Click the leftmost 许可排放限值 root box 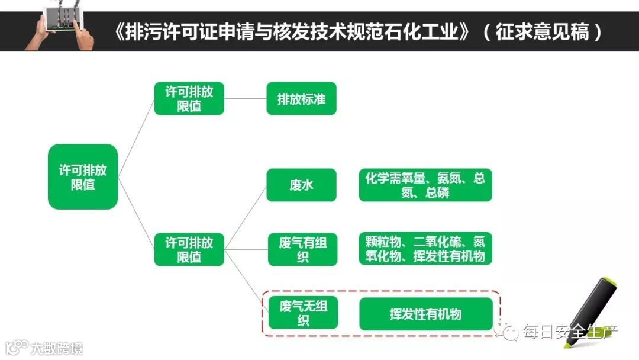[x=82, y=176]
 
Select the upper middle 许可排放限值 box [x=189, y=98]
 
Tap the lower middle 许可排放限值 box [x=189, y=249]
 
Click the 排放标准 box [x=301, y=98]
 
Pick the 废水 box [x=301, y=185]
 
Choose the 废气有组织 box [x=302, y=249]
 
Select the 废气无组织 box [x=303, y=313]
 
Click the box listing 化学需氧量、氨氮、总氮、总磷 [x=425, y=185]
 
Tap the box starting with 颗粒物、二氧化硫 [x=425, y=249]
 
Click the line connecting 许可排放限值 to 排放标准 [x=245, y=98]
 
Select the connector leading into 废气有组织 [x=245, y=249]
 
